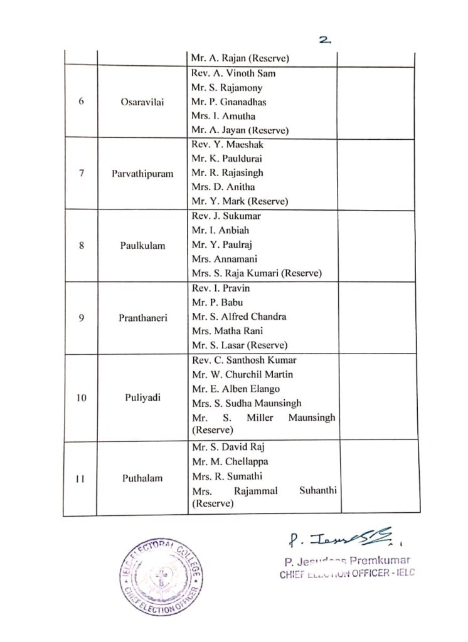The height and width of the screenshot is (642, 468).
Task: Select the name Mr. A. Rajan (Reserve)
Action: coord(240,59)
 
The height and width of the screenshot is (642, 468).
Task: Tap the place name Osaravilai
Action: coord(142,102)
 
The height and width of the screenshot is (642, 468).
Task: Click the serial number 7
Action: coord(82,174)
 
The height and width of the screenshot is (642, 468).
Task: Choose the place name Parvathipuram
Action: coord(142,174)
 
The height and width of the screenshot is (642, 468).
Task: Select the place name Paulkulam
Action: coord(142,245)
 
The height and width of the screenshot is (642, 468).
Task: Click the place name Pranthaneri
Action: coord(142,317)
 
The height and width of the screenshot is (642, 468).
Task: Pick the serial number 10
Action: coord(82,396)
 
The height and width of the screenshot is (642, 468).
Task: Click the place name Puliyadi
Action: coord(142,396)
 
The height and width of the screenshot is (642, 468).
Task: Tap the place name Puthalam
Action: coord(142,478)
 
